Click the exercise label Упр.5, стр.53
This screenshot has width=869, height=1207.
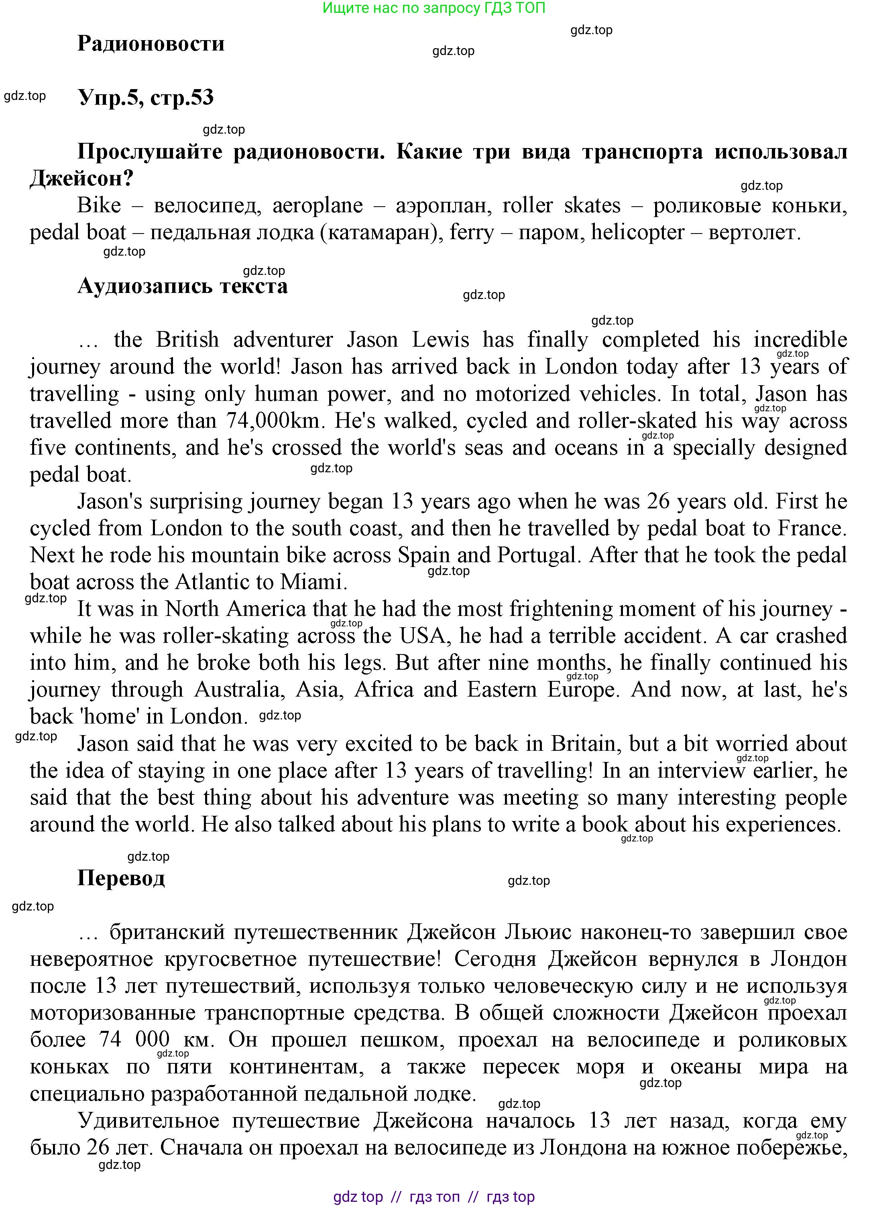tap(145, 98)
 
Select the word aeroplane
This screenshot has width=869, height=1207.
tap(317, 205)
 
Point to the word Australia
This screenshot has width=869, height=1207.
tap(236, 690)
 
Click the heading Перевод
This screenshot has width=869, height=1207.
tap(121, 878)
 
